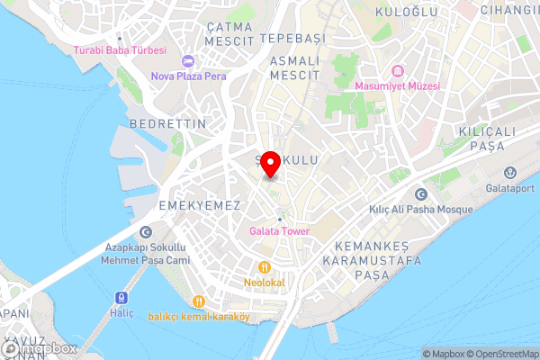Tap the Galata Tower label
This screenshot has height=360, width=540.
pos(279,231)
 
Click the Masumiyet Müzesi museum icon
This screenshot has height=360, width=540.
pos(397,71)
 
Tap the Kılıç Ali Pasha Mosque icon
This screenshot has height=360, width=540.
pos(419,194)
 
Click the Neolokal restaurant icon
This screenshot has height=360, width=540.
pos(265,267)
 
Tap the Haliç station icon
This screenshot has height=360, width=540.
pos(120,297)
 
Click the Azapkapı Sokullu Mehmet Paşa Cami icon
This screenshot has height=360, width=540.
pos(146,232)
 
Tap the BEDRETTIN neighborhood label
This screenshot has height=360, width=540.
pos(168,122)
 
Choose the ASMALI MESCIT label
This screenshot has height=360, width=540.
pos(294,67)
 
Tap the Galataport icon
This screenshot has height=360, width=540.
pos(509,172)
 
